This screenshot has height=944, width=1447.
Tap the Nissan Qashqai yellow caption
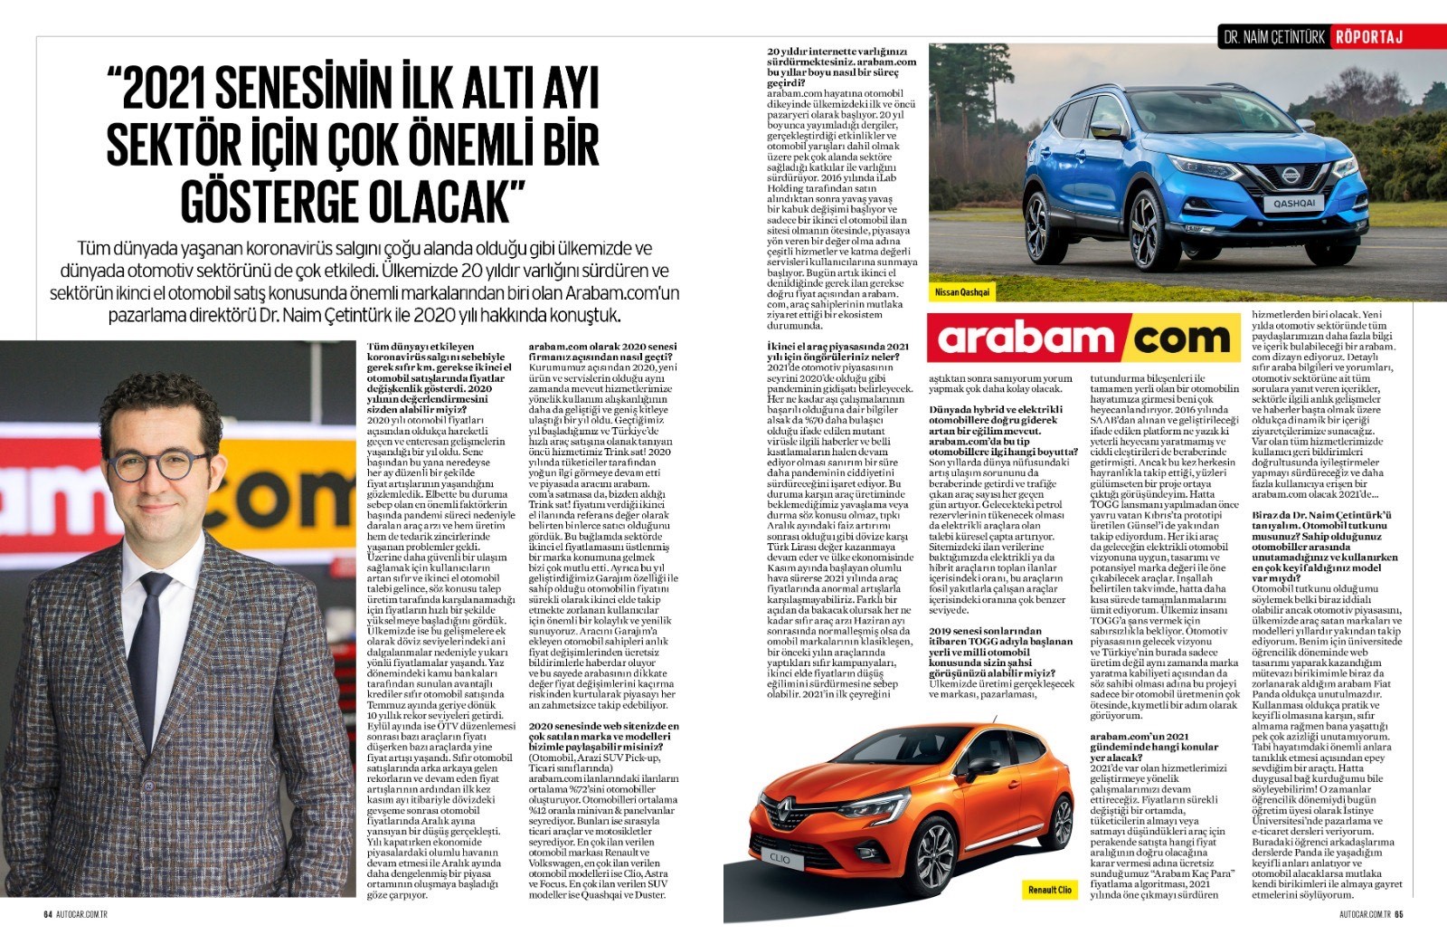point(963,292)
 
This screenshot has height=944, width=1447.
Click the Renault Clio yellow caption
point(1049,890)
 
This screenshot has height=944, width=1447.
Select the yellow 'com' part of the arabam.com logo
point(1181,339)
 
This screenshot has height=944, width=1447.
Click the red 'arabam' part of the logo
point(1026,339)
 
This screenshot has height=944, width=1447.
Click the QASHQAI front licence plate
point(1294,204)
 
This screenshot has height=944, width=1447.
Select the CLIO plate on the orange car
point(780,858)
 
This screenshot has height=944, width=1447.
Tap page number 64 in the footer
point(48,913)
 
